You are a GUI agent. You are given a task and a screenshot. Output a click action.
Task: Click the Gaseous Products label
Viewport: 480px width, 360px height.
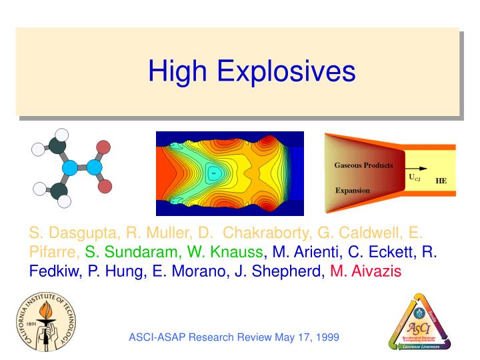point(363,165)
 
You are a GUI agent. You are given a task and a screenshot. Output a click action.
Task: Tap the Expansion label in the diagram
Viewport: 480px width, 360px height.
point(352,190)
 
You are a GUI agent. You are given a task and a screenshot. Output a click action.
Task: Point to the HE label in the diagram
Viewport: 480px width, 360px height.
point(441,180)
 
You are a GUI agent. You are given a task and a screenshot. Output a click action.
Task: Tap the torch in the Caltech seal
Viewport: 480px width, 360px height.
point(43,318)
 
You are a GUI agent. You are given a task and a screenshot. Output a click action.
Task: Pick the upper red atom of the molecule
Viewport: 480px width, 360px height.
point(103,147)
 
